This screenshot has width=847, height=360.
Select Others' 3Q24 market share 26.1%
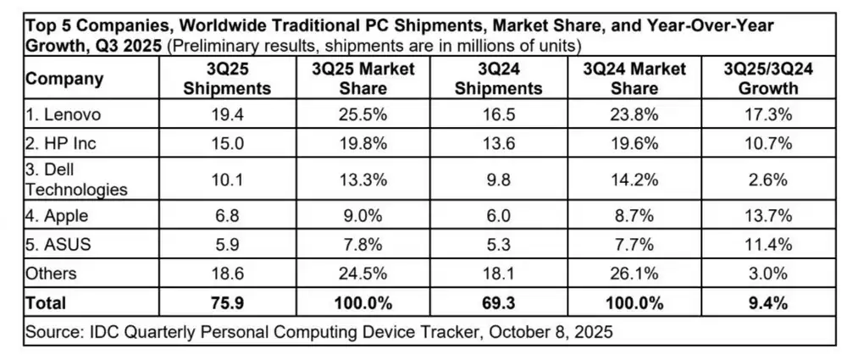click(x=634, y=273)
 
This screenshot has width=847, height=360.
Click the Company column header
click(x=65, y=80)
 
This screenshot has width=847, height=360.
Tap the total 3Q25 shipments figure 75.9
click(x=227, y=302)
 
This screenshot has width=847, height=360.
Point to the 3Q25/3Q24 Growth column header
click(x=768, y=79)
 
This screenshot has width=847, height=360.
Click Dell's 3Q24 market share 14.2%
click(x=634, y=180)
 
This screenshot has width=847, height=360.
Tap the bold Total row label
click(x=46, y=302)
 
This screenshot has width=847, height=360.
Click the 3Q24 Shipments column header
click(x=495, y=79)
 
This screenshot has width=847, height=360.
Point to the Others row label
click(x=52, y=273)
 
